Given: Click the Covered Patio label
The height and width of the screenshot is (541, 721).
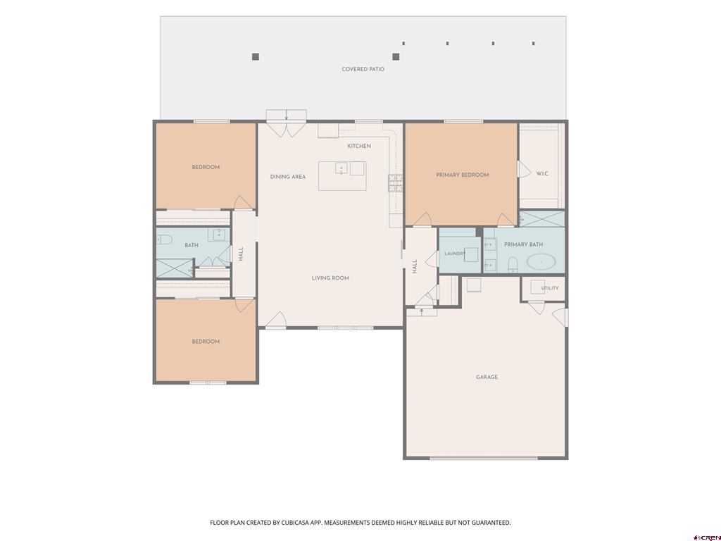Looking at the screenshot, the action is (x=363, y=69).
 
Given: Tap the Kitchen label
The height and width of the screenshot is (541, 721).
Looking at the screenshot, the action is (x=359, y=146).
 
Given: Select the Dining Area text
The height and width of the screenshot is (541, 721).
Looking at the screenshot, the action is (x=288, y=177).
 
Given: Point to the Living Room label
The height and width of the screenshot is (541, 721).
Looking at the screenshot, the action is (x=330, y=278).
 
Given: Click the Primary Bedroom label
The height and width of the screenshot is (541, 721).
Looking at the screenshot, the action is (x=463, y=175).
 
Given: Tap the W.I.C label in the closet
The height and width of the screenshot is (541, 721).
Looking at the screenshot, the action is (x=543, y=173).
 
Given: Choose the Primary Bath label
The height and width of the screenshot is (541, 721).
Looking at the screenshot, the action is (x=523, y=244).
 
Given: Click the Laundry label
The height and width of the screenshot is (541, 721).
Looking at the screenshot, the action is (x=455, y=254).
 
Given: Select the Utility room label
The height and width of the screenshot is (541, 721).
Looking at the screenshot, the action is (x=550, y=288).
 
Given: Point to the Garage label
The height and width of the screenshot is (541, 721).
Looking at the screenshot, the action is (x=487, y=377).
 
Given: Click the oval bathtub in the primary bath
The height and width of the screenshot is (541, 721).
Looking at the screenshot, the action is (x=541, y=262).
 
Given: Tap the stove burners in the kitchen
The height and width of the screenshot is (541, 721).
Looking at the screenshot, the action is (x=396, y=182).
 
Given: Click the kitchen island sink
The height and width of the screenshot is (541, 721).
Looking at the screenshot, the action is (x=341, y=168).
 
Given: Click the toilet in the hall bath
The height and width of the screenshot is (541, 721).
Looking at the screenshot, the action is (x=164, y=240).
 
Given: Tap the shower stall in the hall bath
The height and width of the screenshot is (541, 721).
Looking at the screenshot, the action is (x=175, y=268).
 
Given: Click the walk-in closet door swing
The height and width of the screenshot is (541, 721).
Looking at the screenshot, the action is (x=524, y=169).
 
